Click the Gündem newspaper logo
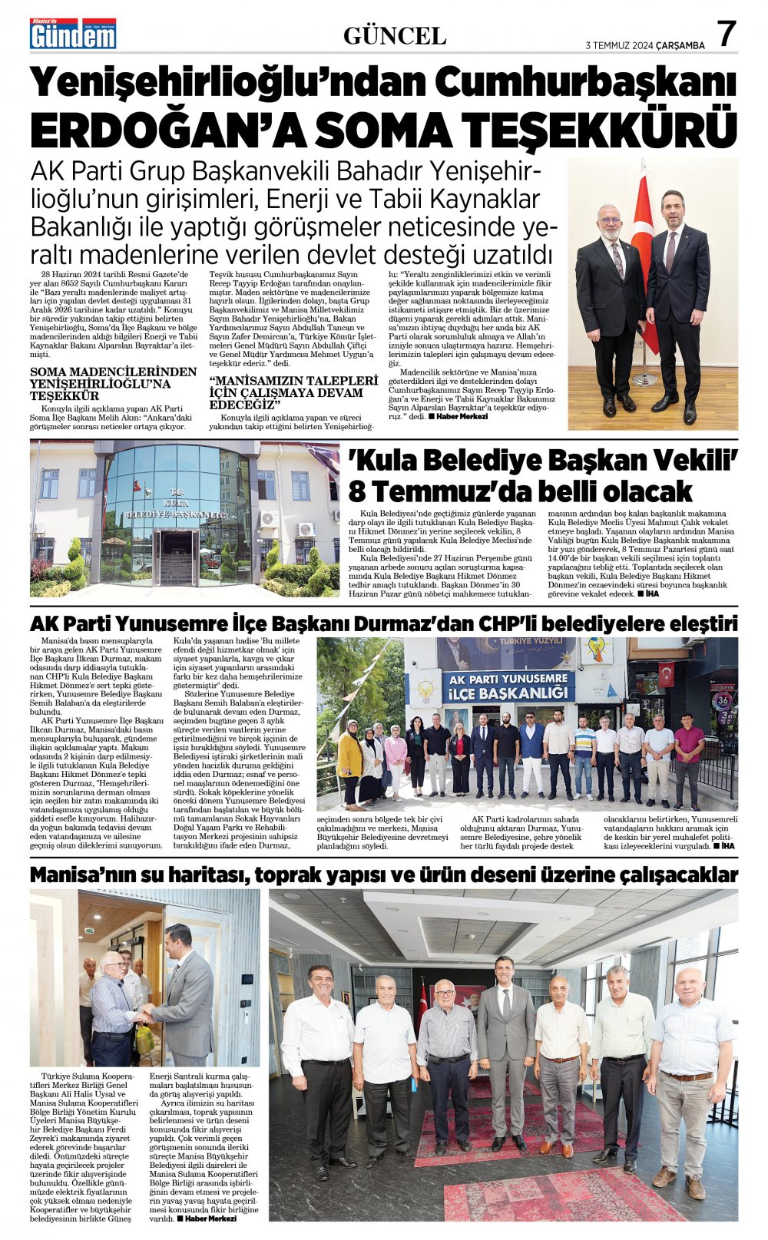pos(73,34)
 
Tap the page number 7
pos(726,35)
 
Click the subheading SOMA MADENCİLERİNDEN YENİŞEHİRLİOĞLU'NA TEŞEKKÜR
pos(113,383)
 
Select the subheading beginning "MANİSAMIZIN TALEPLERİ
pos(293,392)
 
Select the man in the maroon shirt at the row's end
pos(688,756)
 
